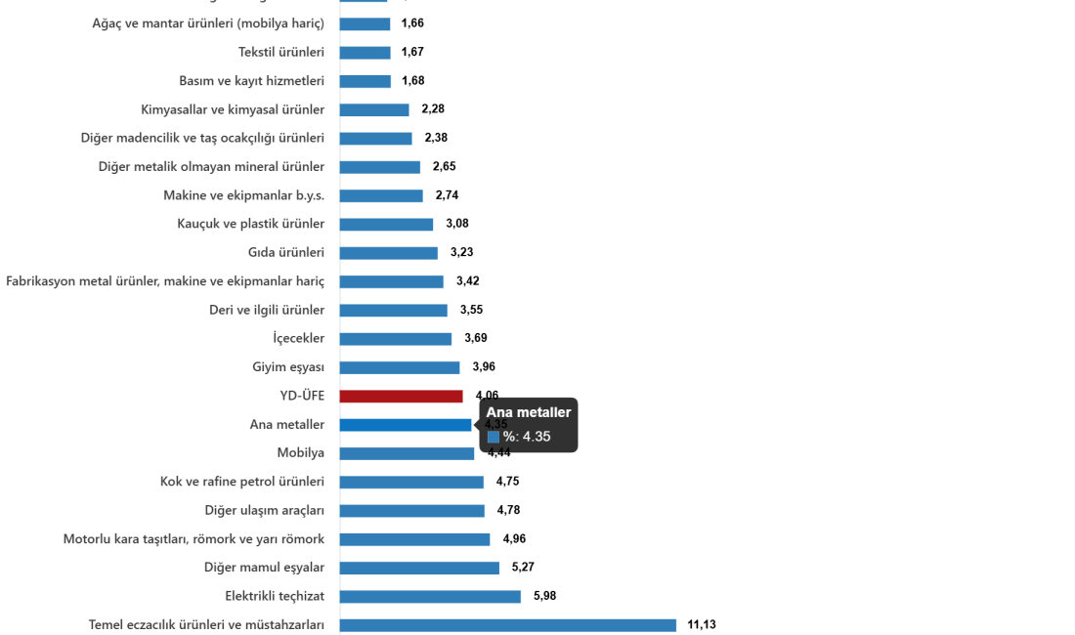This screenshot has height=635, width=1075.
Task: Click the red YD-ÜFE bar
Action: pyautogui.click(x=402, y=397)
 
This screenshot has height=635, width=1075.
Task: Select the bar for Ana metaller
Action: pyautogui.click(x=406, y=425)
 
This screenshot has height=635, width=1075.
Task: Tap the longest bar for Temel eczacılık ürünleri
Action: pyautogui.click(x=508, y=624)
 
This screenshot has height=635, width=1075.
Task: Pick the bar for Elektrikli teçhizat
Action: pyautogui.click(x=431, y=596)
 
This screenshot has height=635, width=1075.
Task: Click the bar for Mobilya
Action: pyautogui.click(x=408, y=453)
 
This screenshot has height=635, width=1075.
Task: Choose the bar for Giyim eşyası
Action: pyautogui.click(x=400, y=368)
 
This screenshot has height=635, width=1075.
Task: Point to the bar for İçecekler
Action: pyautogui.click(x=396, y=339)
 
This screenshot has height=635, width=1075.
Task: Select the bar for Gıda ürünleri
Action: pyautogui.click(x=389, y=253)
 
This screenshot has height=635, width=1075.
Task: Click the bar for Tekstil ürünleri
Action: pyautogui.click(x=365, y=53)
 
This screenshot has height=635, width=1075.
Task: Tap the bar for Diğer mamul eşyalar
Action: pyautogui.click(x=419, y=568)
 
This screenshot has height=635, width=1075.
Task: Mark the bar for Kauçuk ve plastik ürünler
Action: pyautogui.click(x=387, y=225)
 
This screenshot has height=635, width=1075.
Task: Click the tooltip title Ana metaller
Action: pyautogui.click(x=529, y=413)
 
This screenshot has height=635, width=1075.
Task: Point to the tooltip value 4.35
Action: pyautogui.click(x=537, y=437)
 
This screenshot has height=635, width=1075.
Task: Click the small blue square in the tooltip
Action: pyautogui.click(x=494, y=437)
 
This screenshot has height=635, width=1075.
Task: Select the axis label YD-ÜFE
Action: pyautogui.click(x=302, y=397)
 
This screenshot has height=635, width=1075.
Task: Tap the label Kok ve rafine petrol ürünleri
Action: pyautogui.click(x=242, y=482)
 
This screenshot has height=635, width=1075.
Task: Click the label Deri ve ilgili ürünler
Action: pyautogui.click(x=267, y=311)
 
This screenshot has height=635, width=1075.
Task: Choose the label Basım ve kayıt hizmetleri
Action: pyautogui.click(x=251, y=81)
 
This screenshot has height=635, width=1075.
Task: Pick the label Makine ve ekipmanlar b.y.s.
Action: pyautogui.click(x=244, y=195)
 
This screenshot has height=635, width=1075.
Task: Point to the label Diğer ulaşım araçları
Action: pyautogui.click(x=265, y=510)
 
